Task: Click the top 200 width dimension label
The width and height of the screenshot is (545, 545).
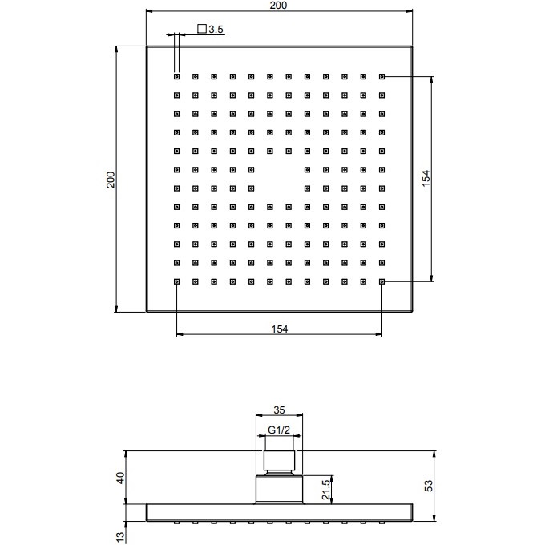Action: pyautogui.click(x=279, y=6)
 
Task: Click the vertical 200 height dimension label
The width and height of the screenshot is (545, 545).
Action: pyautogui.click(x=111, y=179)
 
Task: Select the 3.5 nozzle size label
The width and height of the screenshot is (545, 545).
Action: pyautogui.click(x=216, y=30)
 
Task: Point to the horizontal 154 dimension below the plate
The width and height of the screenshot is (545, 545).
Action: pyautogui.click(x=279, y=328)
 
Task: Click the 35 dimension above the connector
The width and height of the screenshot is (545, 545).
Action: pyautogui.click(x=279, y=410)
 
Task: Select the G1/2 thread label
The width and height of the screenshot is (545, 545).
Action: pyautogui.click(x=279, y=430)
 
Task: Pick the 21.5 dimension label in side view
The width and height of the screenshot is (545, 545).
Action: pyautogui.click(x=325, y=488)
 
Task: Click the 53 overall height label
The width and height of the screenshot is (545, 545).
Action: pyautogui.click(x=428, y=485)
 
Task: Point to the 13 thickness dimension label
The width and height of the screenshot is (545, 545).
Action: pyautogui.click(x=120, y=535)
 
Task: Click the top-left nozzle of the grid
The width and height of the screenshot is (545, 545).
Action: pyautogui.click(x=176, y=77)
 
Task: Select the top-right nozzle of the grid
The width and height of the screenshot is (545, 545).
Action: pyautogui.click(x=382, y=77)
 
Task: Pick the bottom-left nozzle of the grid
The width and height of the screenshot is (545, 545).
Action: pyautogui.click(x=176, y=281)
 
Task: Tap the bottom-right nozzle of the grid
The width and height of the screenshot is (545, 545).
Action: pyautogui.click(x=382, y=281)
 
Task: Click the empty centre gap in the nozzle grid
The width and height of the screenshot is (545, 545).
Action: pyautogui.click(x=279, y=178)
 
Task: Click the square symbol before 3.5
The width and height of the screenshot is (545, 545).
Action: pyautogui.click(x=201, y=30)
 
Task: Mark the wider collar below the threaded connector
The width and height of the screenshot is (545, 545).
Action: pyautogui.click(x=279, y=489)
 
